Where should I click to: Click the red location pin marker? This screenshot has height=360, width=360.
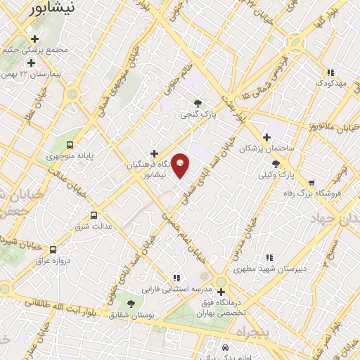tap(181, 165)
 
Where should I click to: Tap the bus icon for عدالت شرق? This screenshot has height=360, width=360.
tap(94, 215)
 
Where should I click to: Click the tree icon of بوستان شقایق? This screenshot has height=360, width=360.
tap(131, 303)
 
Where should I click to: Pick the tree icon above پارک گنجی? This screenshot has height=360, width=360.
tap(198, 103)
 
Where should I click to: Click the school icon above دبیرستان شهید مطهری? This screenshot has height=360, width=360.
tap(269, 258)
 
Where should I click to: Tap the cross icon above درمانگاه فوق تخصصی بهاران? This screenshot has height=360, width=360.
tap(221, 292)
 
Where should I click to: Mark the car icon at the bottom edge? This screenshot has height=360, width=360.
tap(224, 348)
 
